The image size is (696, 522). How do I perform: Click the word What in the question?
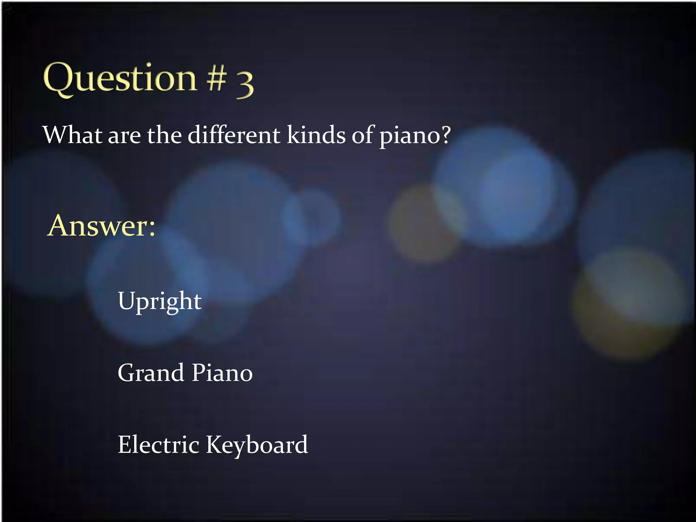click(x=72, y=135)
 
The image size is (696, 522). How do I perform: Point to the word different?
click(x=234, y=135)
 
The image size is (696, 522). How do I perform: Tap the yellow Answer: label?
click(x=101, y=226)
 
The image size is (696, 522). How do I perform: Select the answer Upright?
click(x=160, y=302)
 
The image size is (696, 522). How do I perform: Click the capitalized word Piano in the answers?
click(x=222, y=373)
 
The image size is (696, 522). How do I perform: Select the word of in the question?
click(x=363, y=135)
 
